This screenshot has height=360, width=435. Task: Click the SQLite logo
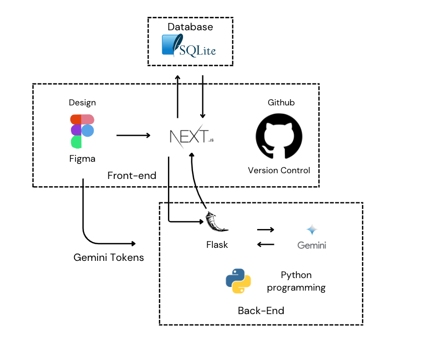tap(188, 46)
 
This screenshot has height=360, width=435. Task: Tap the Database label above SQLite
tap(190, 27)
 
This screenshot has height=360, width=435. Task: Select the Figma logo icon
tap(82, 131)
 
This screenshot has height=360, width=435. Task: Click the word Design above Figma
tap(82, 103)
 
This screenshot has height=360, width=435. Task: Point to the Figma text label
tap(82, 159)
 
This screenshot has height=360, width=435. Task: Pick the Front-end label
tap(132, 176)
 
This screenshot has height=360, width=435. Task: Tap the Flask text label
tap(217, 244)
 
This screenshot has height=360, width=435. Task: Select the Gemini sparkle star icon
tap(312, 230)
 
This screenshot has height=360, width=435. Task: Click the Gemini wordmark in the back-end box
tap(312, 245)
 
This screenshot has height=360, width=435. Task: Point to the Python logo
tap(238, 280)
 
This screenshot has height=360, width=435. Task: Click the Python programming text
tap(303, 281)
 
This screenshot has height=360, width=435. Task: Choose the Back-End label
tap(261, 311)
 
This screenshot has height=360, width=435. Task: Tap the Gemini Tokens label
tap(108, 257)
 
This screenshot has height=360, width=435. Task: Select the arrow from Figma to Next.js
tap(133, 136)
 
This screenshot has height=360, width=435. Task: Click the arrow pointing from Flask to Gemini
tap(265, 230)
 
